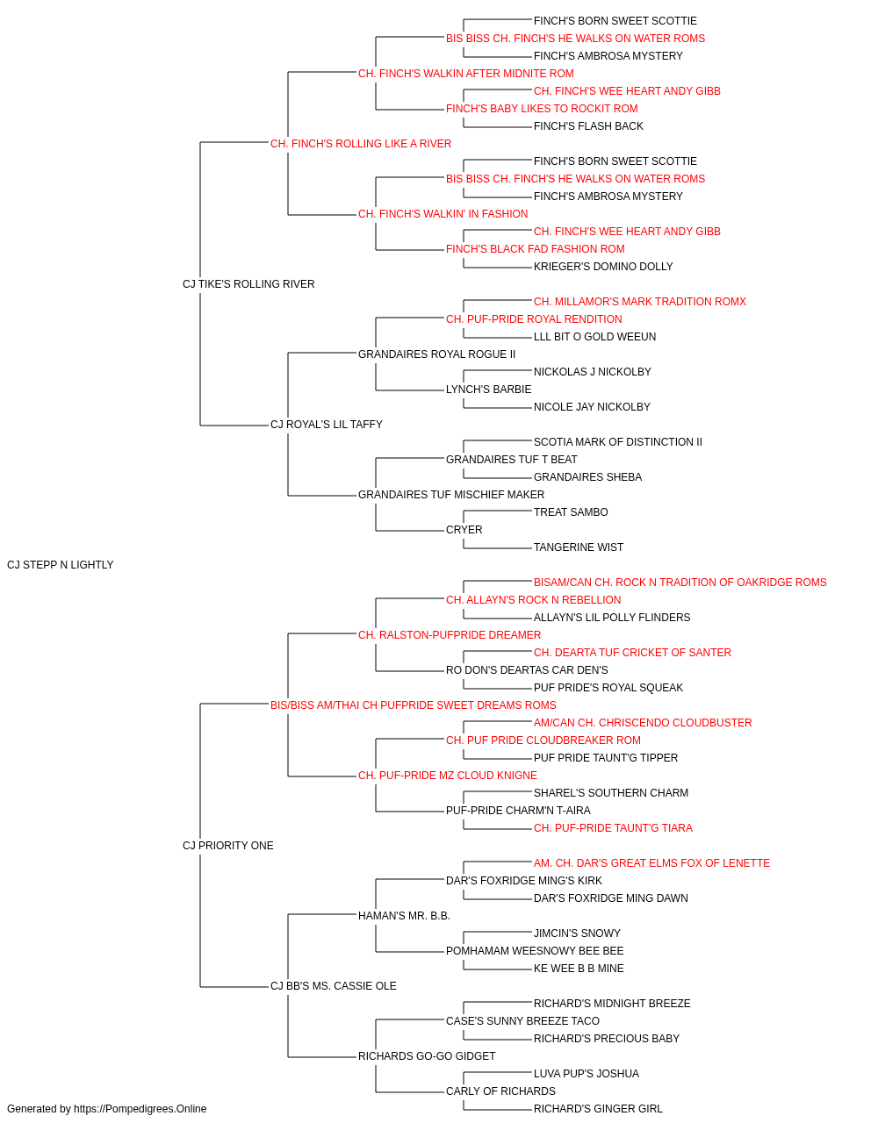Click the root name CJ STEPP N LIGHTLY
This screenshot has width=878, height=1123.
60,565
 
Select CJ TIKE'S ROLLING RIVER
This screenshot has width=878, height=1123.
248,283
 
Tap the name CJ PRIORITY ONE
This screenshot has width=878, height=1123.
227,846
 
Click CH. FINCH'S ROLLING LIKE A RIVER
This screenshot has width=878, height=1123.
360,144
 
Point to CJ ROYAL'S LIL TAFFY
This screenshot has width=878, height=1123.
327,425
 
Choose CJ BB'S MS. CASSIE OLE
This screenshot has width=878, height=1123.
333,986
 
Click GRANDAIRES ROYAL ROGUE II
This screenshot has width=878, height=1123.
436,354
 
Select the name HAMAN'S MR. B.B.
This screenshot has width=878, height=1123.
404,916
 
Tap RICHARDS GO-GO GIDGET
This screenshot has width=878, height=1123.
427,1056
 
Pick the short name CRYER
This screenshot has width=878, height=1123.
464,530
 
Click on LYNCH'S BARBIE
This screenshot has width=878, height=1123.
488,390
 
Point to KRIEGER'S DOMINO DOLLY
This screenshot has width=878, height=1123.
603,266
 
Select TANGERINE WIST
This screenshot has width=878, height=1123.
578,547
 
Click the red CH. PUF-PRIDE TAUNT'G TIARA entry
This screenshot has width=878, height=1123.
613,828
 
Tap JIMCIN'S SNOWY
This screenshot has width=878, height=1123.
577,933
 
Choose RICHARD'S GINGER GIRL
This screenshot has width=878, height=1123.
598,1109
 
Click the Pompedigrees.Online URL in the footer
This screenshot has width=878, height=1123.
140,1109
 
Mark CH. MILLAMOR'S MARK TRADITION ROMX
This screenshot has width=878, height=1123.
640,301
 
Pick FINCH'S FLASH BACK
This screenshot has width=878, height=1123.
588,126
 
